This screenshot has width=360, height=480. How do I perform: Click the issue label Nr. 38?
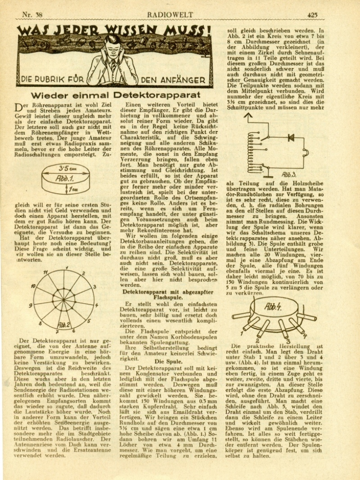pos(33,14)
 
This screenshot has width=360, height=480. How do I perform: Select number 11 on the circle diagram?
pos(45,272)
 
